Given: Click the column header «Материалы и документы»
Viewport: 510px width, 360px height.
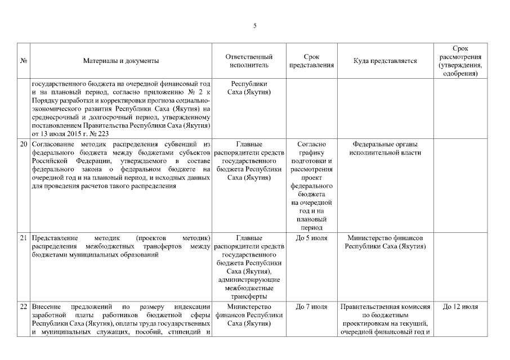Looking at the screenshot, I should click(x=120, y=61).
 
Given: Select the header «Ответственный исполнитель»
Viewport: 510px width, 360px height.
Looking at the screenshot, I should click(x=249, y=61).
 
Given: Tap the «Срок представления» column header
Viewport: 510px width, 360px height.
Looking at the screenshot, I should click(x=311, y=61).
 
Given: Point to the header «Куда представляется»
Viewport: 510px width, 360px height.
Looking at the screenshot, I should click(x=385, y=61).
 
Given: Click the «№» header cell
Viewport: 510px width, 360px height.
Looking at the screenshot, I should click(x=24, y=61).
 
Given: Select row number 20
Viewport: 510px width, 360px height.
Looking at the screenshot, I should click(x=24, y=145).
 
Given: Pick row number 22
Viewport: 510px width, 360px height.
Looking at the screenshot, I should click(x=24, y=307).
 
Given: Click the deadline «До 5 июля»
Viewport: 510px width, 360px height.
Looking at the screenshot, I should click(x=311, y=238).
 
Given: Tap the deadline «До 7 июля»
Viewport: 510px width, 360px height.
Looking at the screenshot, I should click(x=311, y=307).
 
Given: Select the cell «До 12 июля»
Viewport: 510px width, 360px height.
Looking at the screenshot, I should click(x=460, y=307).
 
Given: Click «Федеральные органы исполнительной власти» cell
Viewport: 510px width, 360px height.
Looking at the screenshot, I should click(x=385, y=148).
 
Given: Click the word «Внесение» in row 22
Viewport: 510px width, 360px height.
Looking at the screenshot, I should click(x=47, y=307).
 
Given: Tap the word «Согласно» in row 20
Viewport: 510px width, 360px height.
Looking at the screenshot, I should click(x=311, y=145).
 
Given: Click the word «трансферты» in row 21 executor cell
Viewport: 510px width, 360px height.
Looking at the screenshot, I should click(x=249, y=296).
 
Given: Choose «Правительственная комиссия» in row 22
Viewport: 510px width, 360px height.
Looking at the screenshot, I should click(x=385, y=307).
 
